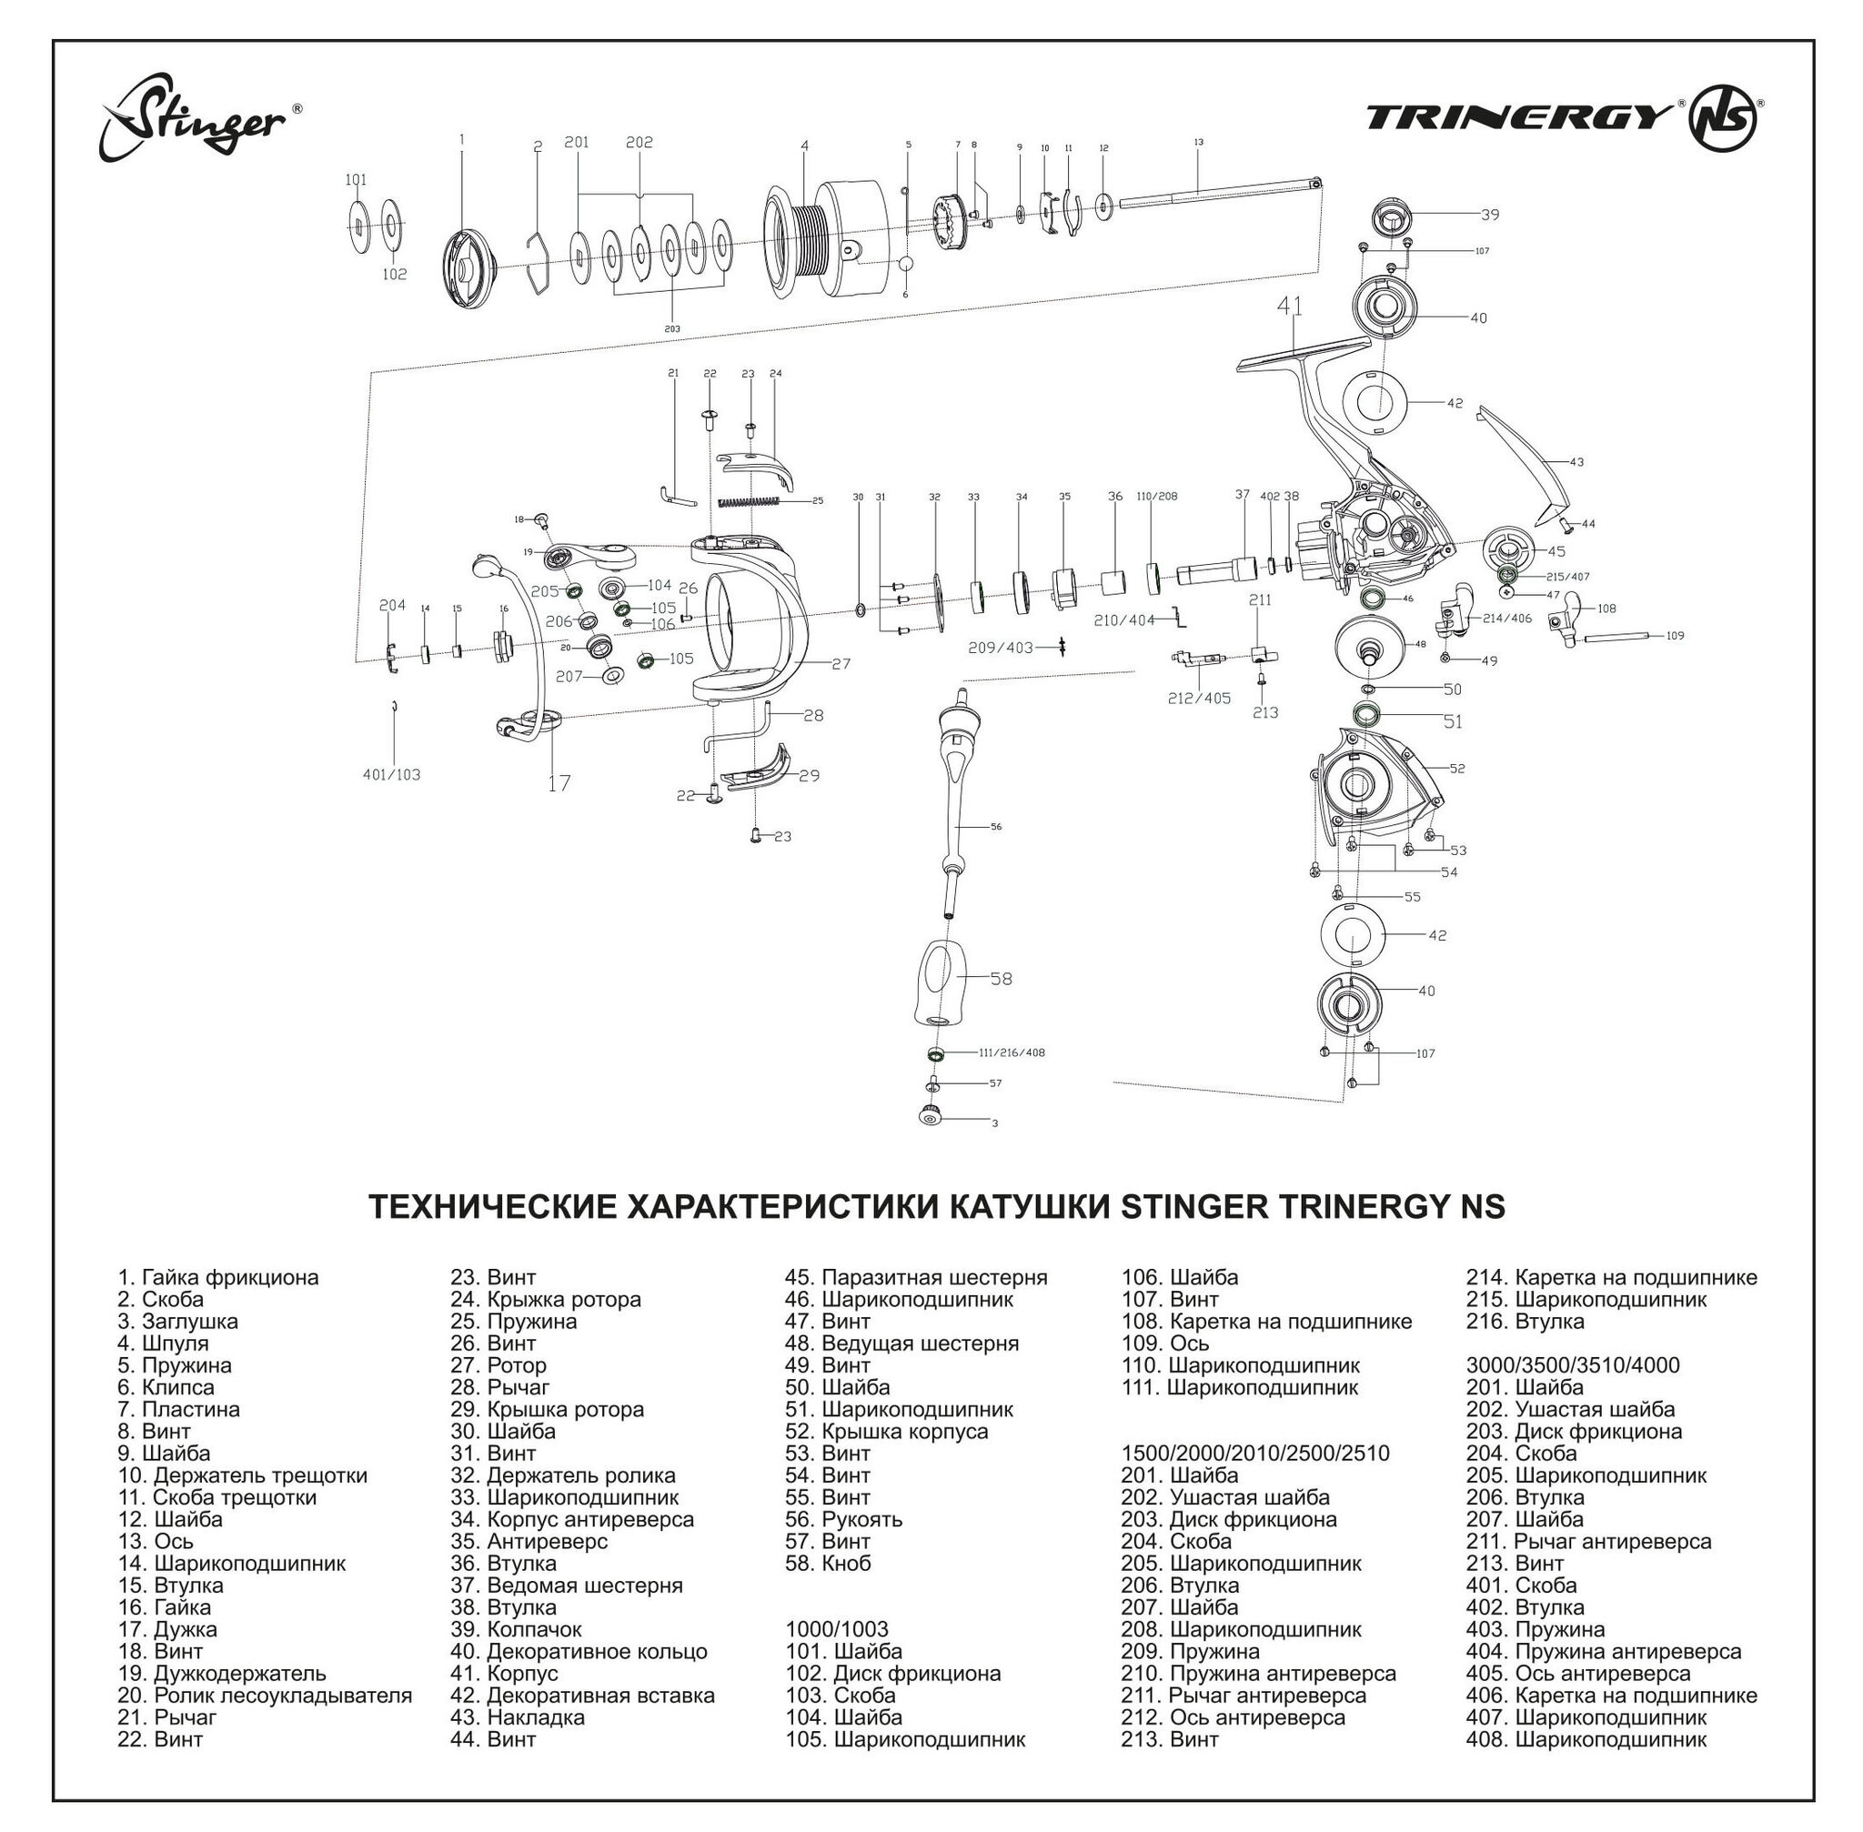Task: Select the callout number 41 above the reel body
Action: [x=1290, y=306]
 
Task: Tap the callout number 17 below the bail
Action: [x=559, y=783]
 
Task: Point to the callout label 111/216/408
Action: [x=1012, y=1052]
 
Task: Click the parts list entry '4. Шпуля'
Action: [x=163, y=1343]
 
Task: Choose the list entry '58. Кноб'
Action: [x=828, y=1563]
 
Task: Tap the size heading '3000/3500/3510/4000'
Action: [x=1573, y=1364]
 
